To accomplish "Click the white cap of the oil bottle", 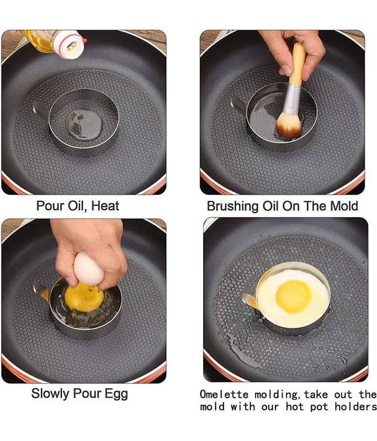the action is (69, 45).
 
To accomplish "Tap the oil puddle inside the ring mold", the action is (84, 125).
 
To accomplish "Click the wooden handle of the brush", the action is (299, 64).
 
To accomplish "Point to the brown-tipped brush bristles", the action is (289, 125).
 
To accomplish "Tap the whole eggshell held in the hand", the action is (89, 268).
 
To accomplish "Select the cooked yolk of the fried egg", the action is (294, 297).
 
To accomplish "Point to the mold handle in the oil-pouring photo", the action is (41, 110).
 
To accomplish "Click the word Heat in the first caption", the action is (105, 206).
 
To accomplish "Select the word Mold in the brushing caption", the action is (344, 206).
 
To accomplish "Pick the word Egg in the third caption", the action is (116, 394).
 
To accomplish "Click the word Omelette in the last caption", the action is (224, 394).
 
